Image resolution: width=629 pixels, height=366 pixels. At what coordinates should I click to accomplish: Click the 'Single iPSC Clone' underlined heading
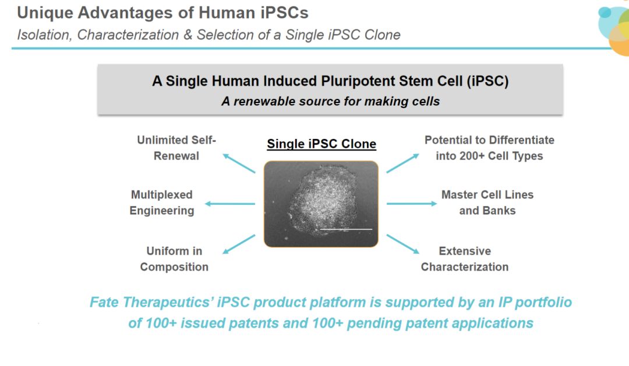321,144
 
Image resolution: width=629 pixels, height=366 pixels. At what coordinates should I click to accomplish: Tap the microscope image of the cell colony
321,204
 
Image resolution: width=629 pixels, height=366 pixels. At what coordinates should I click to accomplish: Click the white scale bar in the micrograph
346,229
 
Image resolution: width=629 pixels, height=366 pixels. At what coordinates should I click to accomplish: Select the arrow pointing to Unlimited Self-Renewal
239,163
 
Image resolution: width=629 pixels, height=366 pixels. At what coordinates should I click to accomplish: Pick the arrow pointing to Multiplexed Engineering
230,204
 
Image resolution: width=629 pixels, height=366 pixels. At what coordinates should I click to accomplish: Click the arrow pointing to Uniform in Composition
239,244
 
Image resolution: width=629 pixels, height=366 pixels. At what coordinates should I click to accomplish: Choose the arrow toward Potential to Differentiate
403,163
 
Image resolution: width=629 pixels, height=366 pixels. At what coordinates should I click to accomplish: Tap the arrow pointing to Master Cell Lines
412,204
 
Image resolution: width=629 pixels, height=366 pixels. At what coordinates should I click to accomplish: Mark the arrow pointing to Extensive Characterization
403,244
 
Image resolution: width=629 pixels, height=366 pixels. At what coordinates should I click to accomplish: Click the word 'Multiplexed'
162,195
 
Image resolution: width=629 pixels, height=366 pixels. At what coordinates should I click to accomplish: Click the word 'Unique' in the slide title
45,13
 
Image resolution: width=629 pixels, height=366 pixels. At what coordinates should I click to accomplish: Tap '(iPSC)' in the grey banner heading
487,81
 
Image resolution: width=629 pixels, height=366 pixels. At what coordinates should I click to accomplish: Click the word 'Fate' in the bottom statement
104,302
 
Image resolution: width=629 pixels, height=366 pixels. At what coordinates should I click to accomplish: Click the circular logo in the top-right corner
614,31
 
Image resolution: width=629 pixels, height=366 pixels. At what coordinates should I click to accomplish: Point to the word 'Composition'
174,267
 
